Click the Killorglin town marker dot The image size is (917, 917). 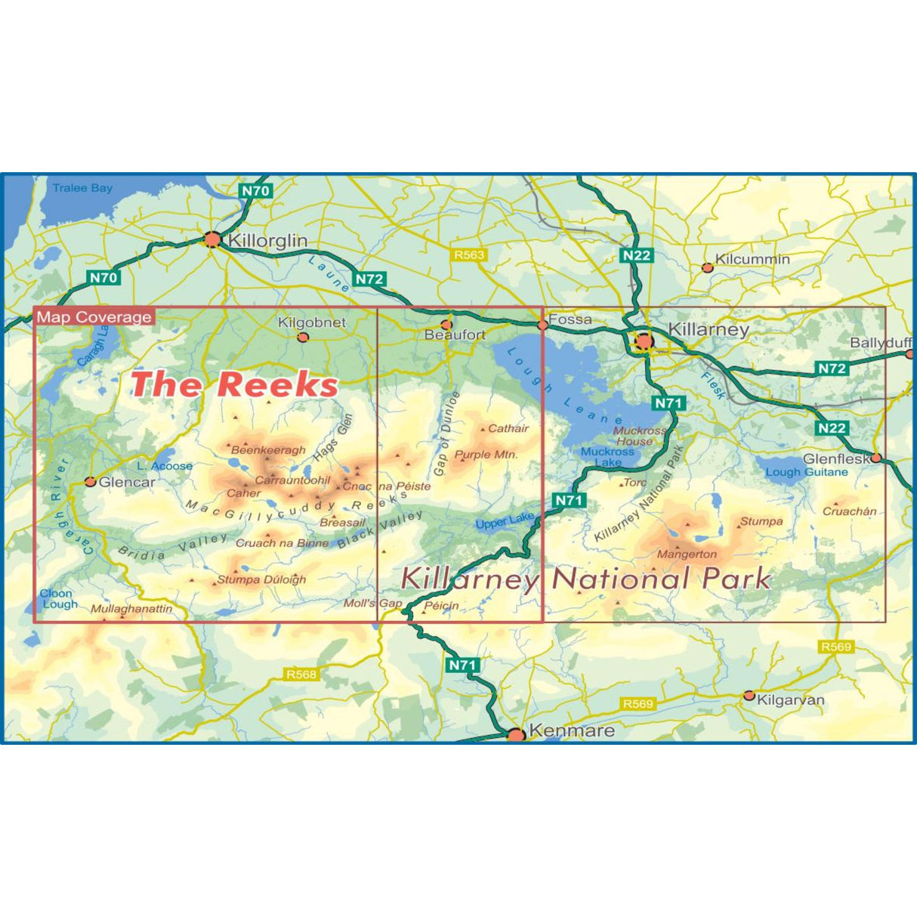[x=212, y=239]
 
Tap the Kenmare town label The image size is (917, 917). [x=571, y=730]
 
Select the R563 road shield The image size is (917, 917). [x=468, y=255]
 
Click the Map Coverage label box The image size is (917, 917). [x=94, y=317]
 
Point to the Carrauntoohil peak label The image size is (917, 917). [x=292, y=480]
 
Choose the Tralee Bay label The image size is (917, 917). [x=82, y=188]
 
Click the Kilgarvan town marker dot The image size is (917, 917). [x=749, y=696]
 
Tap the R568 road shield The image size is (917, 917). [x=301, y=674]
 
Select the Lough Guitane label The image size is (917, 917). [x=807, y=472]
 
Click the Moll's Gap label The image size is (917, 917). [x=372, y=604]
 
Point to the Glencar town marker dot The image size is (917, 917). [x=91, y=481]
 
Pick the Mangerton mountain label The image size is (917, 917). [x=687, y=554]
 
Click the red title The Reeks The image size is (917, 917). [x=234, y=384]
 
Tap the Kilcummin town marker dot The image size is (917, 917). [x=707, y=267]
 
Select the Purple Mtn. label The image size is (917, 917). [x=486, y=455]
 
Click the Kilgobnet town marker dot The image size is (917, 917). [x=303, y=337]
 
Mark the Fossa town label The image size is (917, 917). [x=570, y=320]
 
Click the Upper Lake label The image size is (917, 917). [x=505, y=520]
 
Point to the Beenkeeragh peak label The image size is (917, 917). [x=268, y=450]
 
